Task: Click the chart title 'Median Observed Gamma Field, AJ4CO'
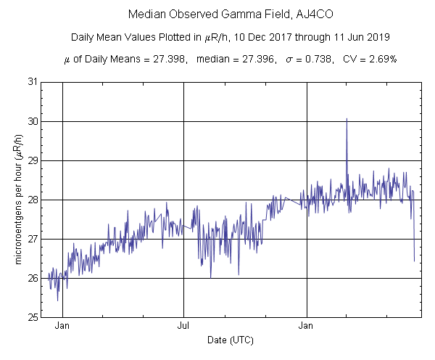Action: (217, 15)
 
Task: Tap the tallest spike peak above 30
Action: (347, 118)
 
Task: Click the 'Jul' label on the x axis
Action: (183, 327)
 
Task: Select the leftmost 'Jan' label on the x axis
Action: (63, 327)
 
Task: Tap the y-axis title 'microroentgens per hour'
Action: (19, 200)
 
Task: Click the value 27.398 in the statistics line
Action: (163, 60)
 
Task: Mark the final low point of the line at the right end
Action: (414, 261)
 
